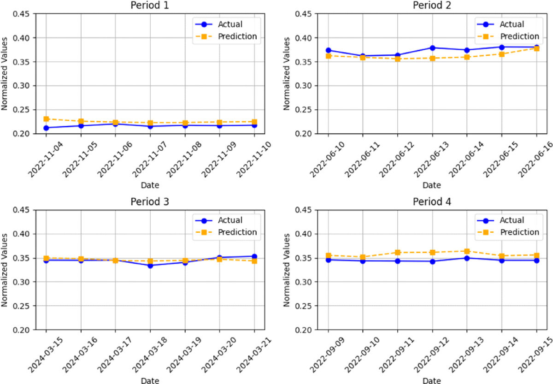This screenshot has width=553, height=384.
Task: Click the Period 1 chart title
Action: click(x=150, y=6)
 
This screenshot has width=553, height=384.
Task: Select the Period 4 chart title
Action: click(x=432, y=201)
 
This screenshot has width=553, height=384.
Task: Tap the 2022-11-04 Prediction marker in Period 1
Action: click(x=46, y=119)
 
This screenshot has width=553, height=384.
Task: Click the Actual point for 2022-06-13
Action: click(x=432, y=48)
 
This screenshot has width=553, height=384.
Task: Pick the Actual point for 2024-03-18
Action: click(x=150, y=265)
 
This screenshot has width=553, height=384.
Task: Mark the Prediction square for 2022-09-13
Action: click(x=467, y=251)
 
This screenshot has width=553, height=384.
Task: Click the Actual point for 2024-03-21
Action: click(x=254, y=256)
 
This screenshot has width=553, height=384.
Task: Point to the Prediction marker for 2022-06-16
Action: click(x=536, y=48)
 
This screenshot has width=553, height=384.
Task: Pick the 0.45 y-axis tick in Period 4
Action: click(x=306, y=210)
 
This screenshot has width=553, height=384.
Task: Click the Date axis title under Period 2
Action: click(x=432, y=185)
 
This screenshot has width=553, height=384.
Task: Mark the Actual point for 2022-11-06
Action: click(x=116, y=124)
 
